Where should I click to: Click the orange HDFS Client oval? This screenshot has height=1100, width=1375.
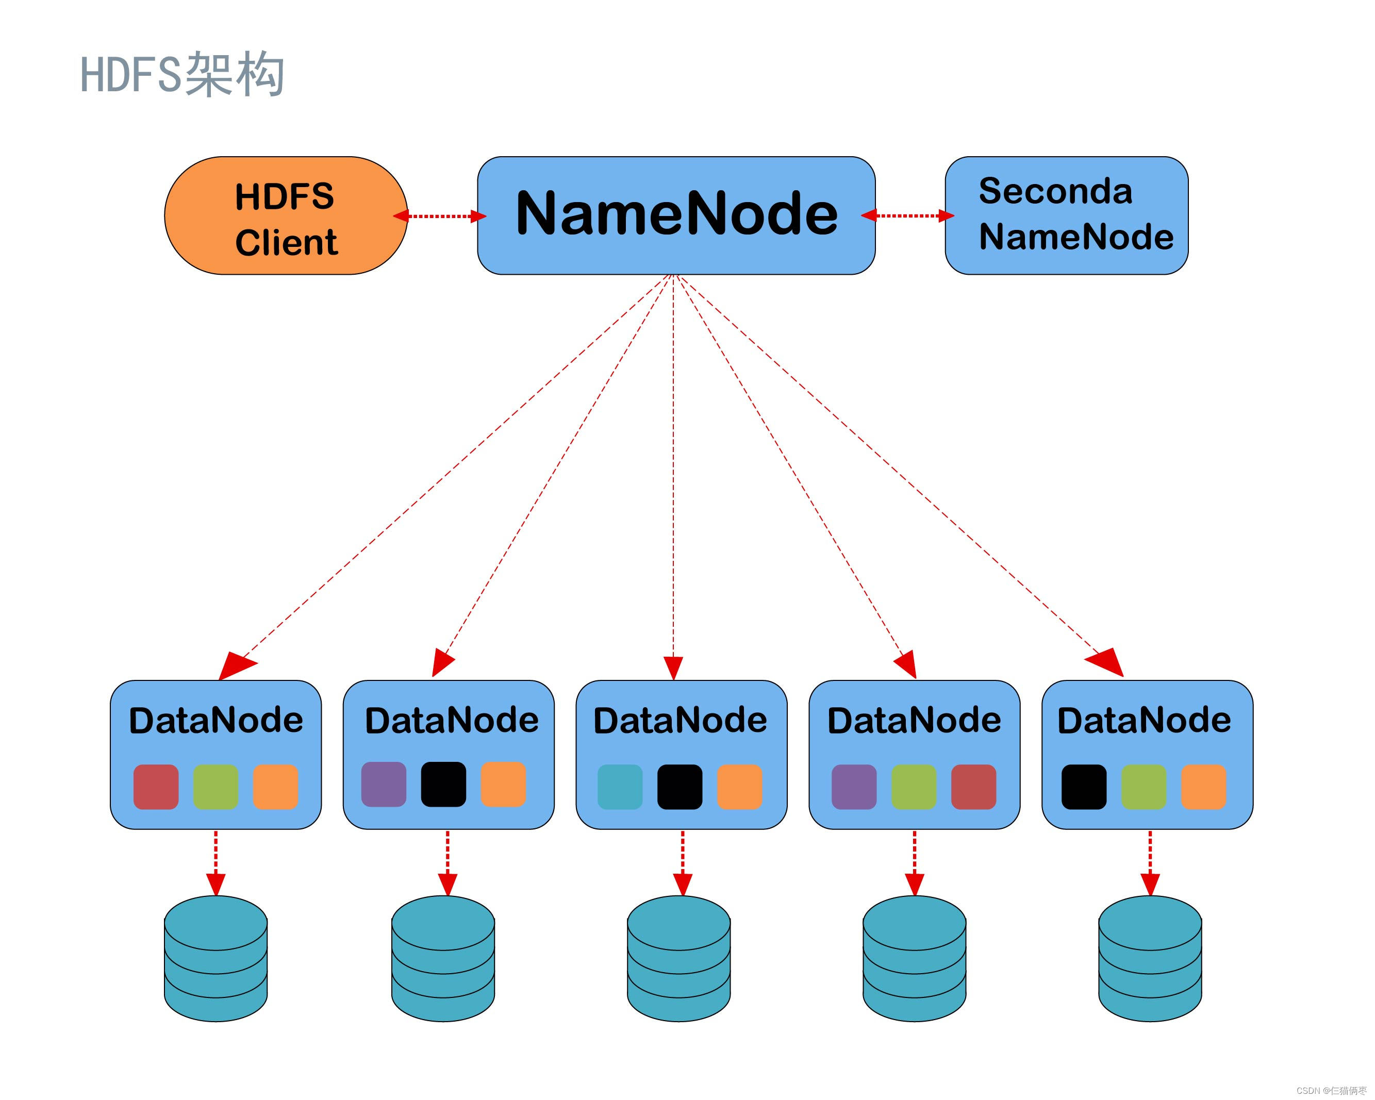(x=285, y=215)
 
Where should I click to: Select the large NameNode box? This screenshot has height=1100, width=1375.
(x=675, y=215)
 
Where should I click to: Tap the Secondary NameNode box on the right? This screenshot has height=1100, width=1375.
(x=1066, y=215)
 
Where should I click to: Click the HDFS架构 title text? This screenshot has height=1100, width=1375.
(x=182, y=75)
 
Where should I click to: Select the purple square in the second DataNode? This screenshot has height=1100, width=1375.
(x=383, y=784)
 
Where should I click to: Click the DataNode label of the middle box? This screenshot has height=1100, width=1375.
(x=680, y=720)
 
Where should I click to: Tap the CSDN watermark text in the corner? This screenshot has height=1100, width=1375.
(x=1331, y=1090)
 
